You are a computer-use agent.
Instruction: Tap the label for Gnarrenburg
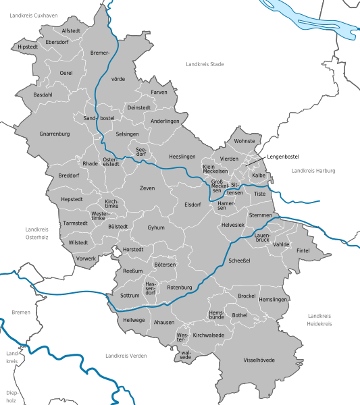[x=55, y=134]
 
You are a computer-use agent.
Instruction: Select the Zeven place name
[x=147, y=188]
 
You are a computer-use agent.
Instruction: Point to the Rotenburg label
[x=180, y=288]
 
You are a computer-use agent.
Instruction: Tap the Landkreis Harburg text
[x=313, y=171]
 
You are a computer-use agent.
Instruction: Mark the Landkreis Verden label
[x=126, y=355]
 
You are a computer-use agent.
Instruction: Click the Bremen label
[x=21, y=313]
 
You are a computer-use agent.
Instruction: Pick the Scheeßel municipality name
[x=239, y=260]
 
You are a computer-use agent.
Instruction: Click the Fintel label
[x=303, y=250]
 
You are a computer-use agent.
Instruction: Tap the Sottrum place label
[x=129, y=296]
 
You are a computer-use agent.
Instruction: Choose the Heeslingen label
[x=182, y=156]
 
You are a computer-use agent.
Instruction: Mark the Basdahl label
[x=43, y=95]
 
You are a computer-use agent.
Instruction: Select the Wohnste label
[x=244, y=142]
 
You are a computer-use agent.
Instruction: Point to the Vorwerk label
[x=86, y=258]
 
